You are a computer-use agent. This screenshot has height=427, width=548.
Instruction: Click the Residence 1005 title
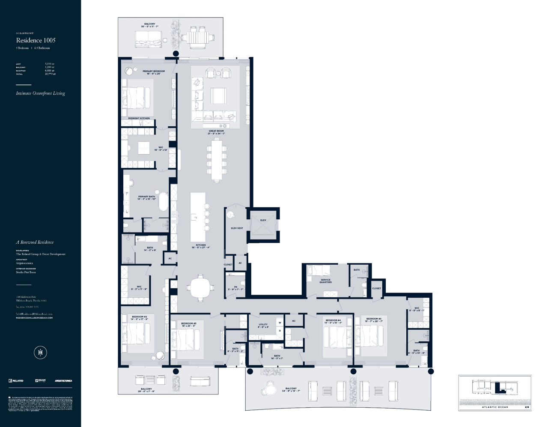(x=36, y=40)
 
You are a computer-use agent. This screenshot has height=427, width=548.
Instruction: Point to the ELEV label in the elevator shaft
(x=263, y=220)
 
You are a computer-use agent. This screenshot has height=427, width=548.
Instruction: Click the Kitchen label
(x=200, y=246)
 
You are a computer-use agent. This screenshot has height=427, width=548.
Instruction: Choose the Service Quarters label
(x=325, y=281)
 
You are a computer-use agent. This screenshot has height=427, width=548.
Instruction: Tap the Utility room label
(x=263, y=325)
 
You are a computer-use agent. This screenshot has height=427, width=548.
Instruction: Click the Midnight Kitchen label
(x=139, y=118)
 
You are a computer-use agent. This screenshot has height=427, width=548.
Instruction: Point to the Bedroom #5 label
(x=374, y=320)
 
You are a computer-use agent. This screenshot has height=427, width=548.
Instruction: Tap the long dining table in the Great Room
(x=217, y=160)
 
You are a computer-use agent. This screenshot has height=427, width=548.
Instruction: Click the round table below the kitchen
(x=200, y=287)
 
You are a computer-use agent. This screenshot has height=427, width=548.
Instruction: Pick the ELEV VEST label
(x=237, y=228)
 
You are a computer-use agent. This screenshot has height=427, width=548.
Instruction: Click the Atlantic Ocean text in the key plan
(x=495, y=407)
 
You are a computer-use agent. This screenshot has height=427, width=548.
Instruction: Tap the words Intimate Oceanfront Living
(x=40, y=93)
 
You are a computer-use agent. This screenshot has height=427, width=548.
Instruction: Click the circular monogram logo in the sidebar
(x=40, y=352)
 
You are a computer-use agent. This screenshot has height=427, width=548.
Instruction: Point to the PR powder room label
(x=235, y=288)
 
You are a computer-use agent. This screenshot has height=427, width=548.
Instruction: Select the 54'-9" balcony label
(x=291, y=389)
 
